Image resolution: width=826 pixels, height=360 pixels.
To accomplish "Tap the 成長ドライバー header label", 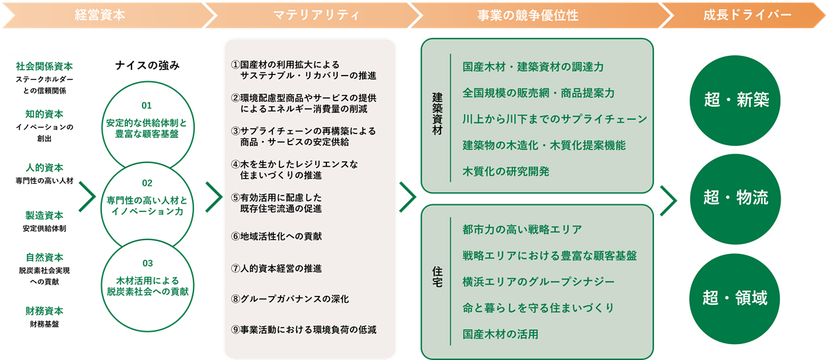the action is point(747,15).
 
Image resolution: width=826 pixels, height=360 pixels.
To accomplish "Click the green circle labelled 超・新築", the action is point(735,100).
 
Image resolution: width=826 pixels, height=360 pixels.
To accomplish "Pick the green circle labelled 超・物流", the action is point(735,199).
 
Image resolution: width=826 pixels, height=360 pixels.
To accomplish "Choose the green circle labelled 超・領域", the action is point(734,299).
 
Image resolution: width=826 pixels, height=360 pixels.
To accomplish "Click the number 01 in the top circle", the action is point(147,105).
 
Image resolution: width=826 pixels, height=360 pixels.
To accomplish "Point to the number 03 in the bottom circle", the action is point(147,264).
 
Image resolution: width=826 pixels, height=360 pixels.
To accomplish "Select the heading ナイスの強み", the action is point(147,65).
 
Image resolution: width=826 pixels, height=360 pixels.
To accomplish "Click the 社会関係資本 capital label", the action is point(44,66).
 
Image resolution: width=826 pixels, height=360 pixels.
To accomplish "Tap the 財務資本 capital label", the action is point(44,311).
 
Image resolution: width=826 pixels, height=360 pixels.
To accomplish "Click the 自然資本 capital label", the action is point(44,257).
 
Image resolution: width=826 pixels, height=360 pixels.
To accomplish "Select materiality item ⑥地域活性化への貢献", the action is point(276,236).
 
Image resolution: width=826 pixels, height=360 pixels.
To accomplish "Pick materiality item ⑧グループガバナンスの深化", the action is point(290,299).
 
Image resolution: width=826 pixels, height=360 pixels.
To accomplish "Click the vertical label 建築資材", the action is point(437,114).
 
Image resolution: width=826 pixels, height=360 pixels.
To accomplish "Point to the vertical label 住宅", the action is point(437,277).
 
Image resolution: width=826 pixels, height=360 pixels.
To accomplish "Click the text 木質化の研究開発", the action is point(506,171).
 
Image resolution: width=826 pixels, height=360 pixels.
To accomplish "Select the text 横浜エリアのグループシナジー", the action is point(538,282).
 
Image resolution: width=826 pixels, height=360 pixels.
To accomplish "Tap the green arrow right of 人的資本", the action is point(87,197).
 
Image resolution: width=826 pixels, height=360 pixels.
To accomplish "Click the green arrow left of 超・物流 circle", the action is point(668,201).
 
